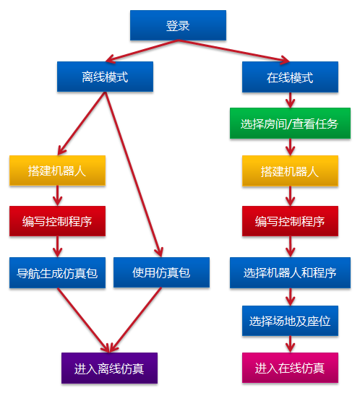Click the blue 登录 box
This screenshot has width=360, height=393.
[x=178, y=26]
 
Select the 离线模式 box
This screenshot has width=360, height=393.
[x=106, y=77]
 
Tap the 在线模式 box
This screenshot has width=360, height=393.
[x=290, y=77]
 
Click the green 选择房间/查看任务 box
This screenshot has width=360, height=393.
[x=290, y=124]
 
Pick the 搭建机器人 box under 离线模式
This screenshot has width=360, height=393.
[x=57, y=171]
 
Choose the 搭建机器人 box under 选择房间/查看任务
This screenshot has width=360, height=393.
[x=290, y=171]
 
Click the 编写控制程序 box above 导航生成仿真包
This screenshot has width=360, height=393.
[x=57, y=221]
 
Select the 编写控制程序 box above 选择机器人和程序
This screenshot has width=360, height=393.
[x=290, y=221]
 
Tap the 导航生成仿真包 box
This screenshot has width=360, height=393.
[x=57, y=273]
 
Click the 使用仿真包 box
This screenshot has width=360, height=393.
[x=161, y=273]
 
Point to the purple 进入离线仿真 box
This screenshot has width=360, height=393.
[x=109, y=368]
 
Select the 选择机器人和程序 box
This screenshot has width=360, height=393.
[x=290, y=273]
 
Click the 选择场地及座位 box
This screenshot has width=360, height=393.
[x=290, y=321]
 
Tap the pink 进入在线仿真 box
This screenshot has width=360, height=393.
[x=290, y=368]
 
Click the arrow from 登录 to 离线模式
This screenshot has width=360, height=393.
[x=141, y=51]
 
